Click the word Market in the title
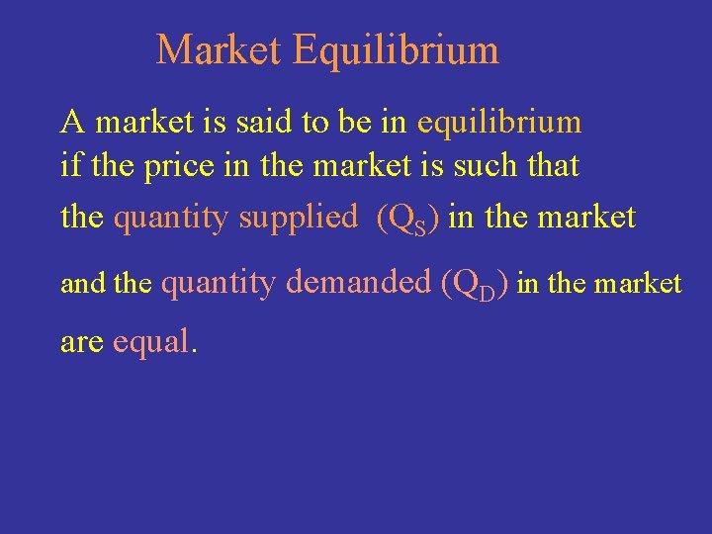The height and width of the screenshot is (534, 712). (x=219, y=50)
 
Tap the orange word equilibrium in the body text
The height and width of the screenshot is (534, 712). (x=499, y=123)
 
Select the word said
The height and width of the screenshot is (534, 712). (x=260, y=123)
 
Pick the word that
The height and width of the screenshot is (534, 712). (x=554, y=166)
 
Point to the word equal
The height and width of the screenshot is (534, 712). (x=155, y=342)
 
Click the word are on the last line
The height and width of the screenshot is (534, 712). (x=82, y=342)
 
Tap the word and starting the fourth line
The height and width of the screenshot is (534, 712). (x=83, y=285)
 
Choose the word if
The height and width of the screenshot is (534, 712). (x=70, y=166)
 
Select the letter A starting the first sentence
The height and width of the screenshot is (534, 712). (x=71, y=123)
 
